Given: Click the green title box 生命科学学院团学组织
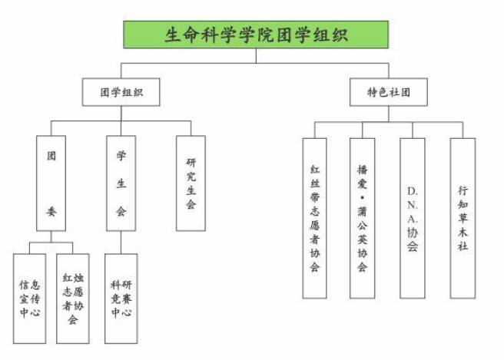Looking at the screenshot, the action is pos(256,35).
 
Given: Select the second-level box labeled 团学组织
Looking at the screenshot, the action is pos(121,92).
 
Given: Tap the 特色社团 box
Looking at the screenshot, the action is pos(389,92).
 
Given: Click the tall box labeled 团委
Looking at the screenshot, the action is pos(51,183).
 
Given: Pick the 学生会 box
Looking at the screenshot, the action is pos(121,183).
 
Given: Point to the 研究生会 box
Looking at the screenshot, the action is pos(191,183).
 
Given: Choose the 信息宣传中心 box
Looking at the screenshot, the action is pos(29,299).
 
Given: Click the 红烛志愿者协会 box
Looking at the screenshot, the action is pos(73,299).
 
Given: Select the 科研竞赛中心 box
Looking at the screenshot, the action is pos(121,299).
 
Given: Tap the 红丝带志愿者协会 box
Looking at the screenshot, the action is pos(315,218).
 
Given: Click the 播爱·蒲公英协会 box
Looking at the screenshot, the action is pos(363,218).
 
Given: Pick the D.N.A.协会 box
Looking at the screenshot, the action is pos(413,218).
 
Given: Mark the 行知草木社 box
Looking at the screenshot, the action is pos(463,218).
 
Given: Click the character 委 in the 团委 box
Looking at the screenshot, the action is pos(51,211).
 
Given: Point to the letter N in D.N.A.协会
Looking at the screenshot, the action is pos(413,205).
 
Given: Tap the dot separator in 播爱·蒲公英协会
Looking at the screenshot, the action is pos(363,197).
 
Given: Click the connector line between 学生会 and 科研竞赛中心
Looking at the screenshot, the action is pos(121,243).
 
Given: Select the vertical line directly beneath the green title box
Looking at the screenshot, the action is pos(256,56).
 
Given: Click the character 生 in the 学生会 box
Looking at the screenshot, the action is pos(121,183).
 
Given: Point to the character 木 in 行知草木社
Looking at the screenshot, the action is pos(463,232).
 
